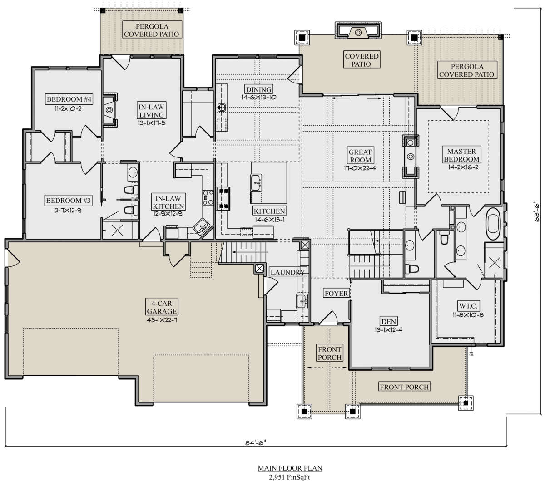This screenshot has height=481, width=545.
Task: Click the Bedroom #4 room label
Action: click(69, 99)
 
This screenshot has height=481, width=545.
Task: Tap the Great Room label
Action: click(360, 156)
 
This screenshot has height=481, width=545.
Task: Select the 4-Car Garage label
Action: click(162, 307)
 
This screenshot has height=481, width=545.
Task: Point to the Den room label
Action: click(388, 321)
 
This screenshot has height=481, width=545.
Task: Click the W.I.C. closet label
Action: click(468, 306)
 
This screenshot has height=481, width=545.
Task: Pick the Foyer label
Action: click(336, 293)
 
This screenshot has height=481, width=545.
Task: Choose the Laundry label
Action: click(287, 272)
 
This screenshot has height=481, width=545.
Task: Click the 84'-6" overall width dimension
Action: click(256, 442)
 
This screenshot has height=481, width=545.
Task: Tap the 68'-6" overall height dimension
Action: click(537, 211)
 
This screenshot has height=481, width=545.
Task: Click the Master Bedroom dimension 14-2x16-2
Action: click(461, 167)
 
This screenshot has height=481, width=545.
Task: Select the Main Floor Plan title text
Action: click(290, 468)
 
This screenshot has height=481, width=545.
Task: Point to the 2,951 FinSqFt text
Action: click(289, 477)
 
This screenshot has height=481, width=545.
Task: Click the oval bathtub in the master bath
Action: click(493, 224)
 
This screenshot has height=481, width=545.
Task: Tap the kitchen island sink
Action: click(256, 183)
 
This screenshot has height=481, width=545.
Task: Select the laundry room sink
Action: click(302, 301)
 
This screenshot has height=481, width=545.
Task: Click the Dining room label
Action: click(258, 89)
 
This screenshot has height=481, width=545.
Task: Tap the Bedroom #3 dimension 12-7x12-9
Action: click(68, 210)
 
